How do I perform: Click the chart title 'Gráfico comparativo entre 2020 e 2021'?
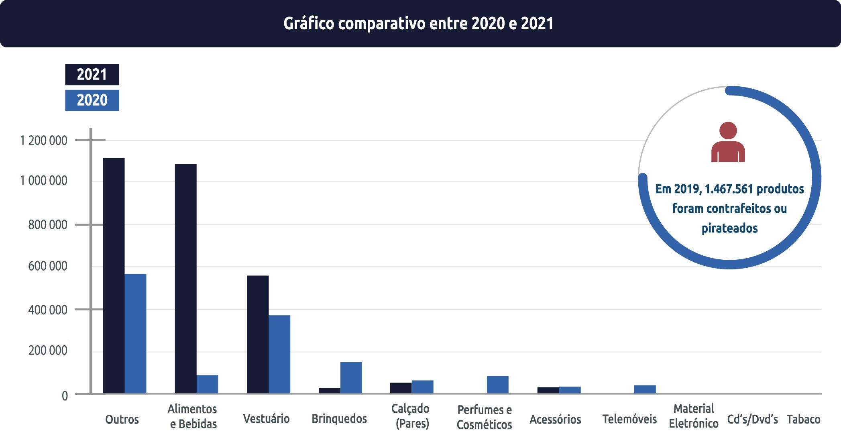pyautogui.click(x=418, y=24)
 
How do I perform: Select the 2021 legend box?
pyautogui.click(x=92, y=75)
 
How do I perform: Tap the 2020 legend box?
pyautogui.click(x=92, y=100)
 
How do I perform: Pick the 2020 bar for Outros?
pyautogui.click(x=135, y=333)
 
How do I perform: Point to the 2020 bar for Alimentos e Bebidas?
pyautogui.click(x=207, y=384)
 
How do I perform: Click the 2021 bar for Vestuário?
pyautogui.click(x=258, y=334)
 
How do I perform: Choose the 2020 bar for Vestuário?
pyautogui.click(x=279, y=354)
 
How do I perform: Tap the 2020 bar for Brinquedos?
pyautogui.click(x=351, y=377)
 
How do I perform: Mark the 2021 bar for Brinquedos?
pyautogui.click(x=329, y=390)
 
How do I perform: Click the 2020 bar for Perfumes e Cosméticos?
pyautogui.click(x=497, y=385)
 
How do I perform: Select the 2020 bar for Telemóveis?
pyautogui.click(x=645, y=389)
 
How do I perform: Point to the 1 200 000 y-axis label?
pyautogui.click(x=44, y=141)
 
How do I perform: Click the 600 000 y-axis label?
pyautogui.click(x=48, y=266)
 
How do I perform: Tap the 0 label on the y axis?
pyautogui.click(x=65, y=396)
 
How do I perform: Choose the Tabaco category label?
pyautogui.click(x=803, y=420)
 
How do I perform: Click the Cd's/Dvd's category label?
pyautogui.click(x=752, y=420)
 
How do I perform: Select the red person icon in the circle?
pyautogui.click(x=728, y=142)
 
